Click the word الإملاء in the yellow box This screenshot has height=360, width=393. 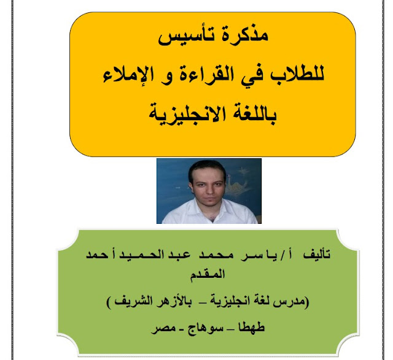pyautogui.click(x=125, y=75)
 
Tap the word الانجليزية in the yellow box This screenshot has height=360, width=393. pyautogui.click(x=187, y=115)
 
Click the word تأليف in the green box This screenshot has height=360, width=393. pyautogui.click(x=317, y=255)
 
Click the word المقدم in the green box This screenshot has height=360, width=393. pyautogui.click(x=208, y=274)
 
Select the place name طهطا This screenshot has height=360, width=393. pyautogui.click(x=251, y=327)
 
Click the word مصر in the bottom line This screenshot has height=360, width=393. pyautogui.click(x=163, y=329)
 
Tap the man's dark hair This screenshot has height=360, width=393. pyautogui.click(x=207, y=166)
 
